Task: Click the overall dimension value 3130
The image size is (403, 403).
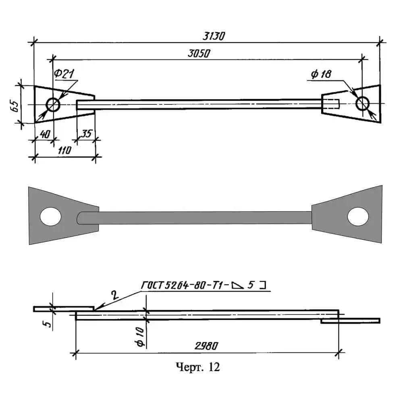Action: [x=214, y=36]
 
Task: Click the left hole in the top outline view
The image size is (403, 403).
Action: [x=53, y=105]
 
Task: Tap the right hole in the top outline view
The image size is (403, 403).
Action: [x=363, y=103]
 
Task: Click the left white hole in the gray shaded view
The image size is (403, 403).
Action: [x=51, y=216]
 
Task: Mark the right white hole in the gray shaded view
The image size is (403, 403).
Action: [x=358, y=216]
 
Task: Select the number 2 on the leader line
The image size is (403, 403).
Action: [x=115, y=295]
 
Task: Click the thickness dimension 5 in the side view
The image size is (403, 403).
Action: [x=48, y=324]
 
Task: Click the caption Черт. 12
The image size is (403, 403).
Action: [x=198, y=367]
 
